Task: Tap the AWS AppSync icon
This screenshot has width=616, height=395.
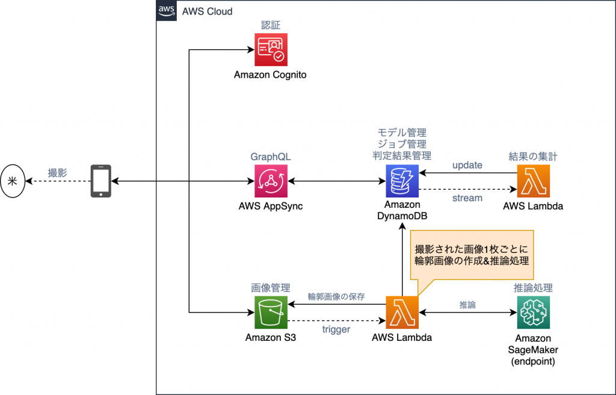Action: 270,181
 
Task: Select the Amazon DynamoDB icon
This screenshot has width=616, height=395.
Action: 402,181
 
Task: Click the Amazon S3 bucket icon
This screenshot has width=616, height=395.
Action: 270,313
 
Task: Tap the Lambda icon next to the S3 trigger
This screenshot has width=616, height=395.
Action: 402,313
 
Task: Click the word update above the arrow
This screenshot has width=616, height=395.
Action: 467,165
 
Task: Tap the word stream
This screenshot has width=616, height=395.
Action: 467,197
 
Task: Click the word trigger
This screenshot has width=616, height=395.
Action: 336,329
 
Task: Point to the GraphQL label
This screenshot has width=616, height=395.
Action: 270,157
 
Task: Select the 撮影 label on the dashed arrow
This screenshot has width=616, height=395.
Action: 58,173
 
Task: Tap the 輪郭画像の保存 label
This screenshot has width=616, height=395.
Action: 336,296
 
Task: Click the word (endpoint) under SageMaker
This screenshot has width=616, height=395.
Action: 533,362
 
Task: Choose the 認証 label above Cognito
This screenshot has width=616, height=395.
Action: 270,25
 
